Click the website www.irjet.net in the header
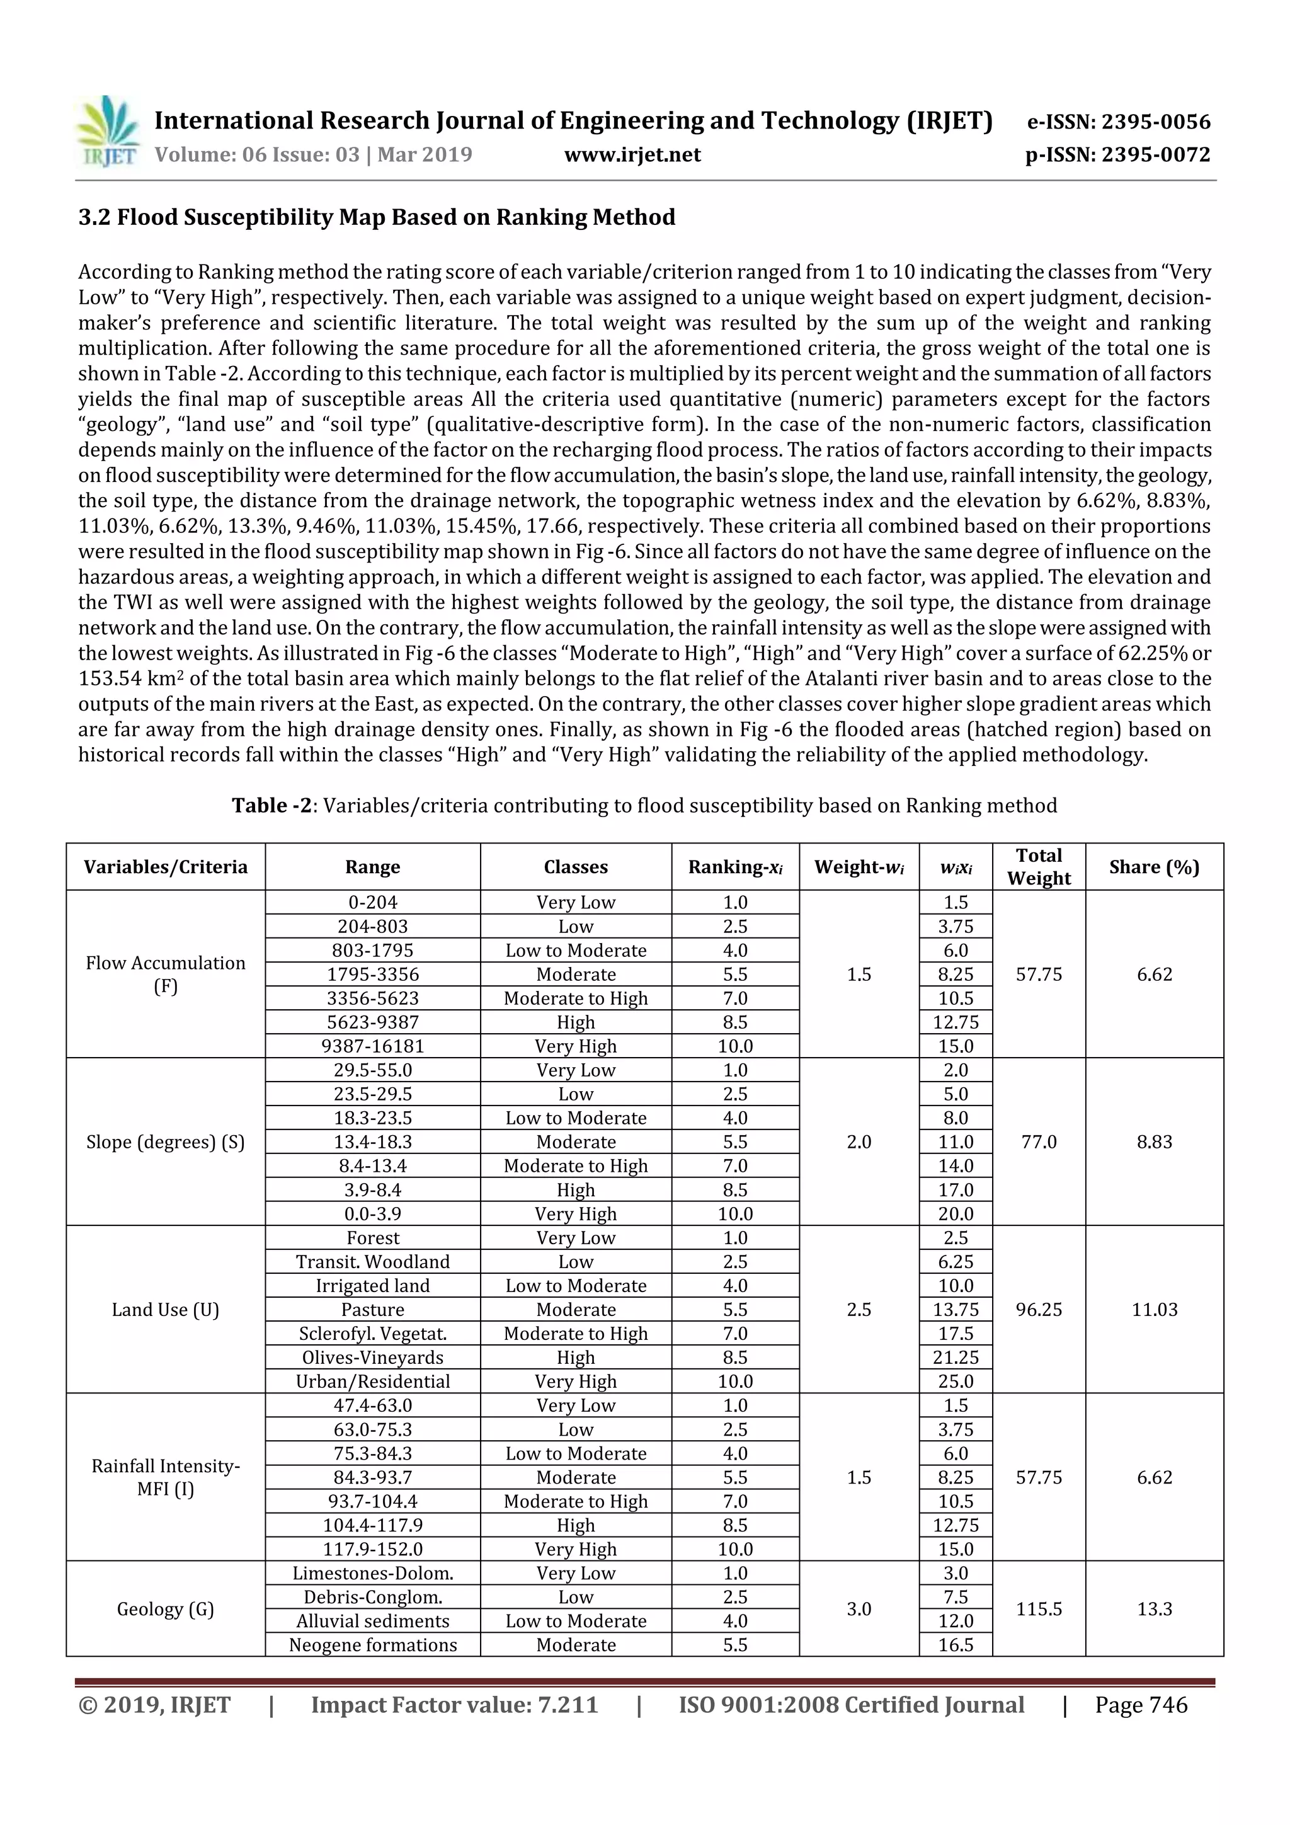[632, 154]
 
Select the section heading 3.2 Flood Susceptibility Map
[377, 217]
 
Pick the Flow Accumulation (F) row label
[165, 974]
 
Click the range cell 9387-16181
[373, 1046]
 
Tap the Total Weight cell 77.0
[1038, 1141]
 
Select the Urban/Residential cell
[373, 1382]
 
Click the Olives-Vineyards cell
[373, 1358]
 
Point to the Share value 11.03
[1153, 1309]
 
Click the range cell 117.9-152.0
[373, 1549]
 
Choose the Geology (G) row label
[165, 1609]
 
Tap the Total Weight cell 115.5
[1038, 1609]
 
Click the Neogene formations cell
[373, 1645]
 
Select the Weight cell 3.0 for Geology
[859, 1609]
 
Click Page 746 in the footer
[1141, 1704]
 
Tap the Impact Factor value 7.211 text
[454, 1704]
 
